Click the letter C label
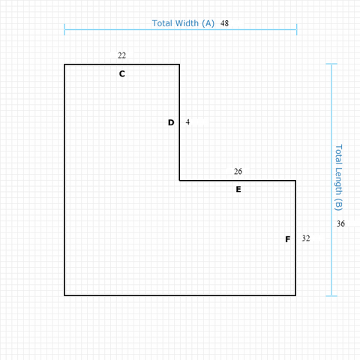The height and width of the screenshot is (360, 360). (x=122, y=73)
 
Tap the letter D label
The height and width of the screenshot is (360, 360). (x=171, y=122)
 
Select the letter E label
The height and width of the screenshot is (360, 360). (x=238, y=189)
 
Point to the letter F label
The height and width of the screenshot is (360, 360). (x=288, y=239)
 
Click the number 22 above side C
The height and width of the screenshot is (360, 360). (x=121, y=55)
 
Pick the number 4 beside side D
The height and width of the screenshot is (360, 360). (x=187, y=122)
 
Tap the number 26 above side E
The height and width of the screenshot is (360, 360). (x=238, y=171)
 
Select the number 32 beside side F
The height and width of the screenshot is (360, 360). (x=306, y=238)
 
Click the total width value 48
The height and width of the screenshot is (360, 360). (x=224, y=23)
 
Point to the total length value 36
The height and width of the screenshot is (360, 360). (x=340, y=223)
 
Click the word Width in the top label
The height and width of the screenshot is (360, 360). (x=187, y=23)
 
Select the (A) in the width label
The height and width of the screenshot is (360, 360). (x=208, y=23)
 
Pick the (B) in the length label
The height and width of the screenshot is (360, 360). (x=338, y=205)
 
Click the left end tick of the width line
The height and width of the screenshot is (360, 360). (x=64, y=29)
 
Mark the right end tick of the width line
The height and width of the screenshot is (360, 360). (x=297, y=29)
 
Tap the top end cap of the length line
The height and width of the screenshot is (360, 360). (x=331, y=64)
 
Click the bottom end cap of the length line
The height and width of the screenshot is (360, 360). (x=331, y=296)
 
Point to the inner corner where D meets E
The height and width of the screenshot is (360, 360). (x=179, y=180)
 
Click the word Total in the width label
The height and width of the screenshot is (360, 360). (x=163, y=23)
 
